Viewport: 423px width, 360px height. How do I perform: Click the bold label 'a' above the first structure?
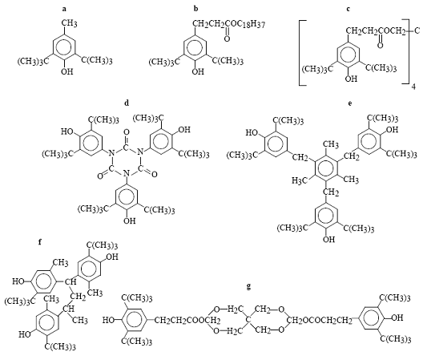(64, 9)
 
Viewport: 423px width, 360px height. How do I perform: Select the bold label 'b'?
(195, 8)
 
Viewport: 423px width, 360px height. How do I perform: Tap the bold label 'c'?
(348, 9)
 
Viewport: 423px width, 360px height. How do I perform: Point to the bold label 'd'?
(127, 103)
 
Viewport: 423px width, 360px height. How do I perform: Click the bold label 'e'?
(350, 103)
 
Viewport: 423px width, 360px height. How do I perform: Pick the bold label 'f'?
(40, 241)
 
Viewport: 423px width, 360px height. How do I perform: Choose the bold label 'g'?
(248, 286)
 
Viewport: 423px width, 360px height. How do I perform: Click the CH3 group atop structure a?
(70, 23)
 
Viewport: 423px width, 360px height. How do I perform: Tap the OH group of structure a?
(67, 71)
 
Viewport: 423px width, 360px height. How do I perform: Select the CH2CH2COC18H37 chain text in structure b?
(229, 24)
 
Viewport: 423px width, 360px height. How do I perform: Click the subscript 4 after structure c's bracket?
(413, 87)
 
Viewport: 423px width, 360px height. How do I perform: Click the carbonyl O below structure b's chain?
(228, 39)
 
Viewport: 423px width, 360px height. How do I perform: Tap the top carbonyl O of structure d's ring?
(127, 132)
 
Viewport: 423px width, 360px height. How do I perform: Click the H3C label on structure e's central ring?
(300, 180)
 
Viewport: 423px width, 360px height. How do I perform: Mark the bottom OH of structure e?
(328, 239)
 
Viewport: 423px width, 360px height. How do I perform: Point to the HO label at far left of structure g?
(109, 320)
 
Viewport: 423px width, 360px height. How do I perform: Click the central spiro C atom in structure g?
(248, 320)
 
